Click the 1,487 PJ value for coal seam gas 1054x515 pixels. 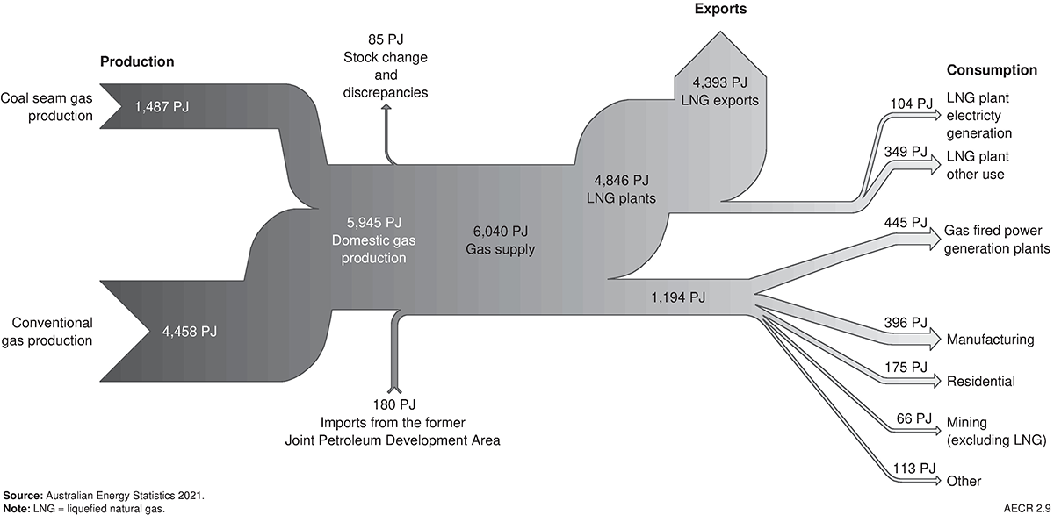[162, 106]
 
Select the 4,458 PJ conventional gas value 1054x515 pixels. [189, 331]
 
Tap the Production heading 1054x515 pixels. [137, 62]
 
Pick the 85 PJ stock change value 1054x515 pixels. [386, 39]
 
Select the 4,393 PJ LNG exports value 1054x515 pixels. [719, 82]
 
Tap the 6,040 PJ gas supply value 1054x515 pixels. [499, 232]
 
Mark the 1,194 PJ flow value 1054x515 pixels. [677, 297]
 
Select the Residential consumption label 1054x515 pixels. [980, 382]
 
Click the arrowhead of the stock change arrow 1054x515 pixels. [386, 118]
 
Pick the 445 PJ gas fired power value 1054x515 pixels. [907, 222]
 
